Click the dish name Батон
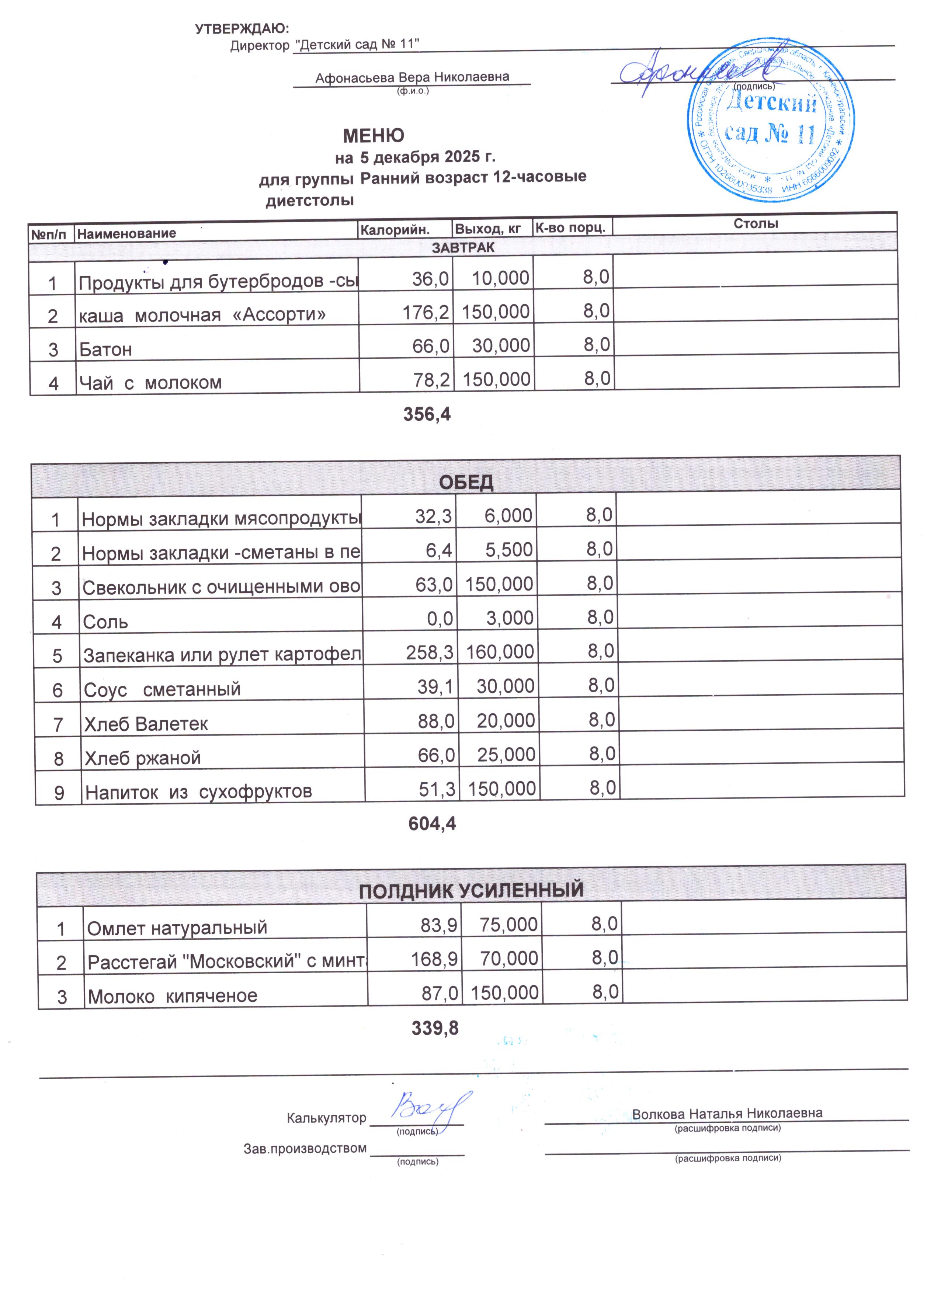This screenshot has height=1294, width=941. pos(105,349)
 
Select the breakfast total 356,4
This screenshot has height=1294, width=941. pos(427,415)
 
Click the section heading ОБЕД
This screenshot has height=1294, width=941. pos(466,483)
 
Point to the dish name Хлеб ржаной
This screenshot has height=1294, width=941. pos(143,758)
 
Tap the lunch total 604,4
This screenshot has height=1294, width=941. pos(432,823)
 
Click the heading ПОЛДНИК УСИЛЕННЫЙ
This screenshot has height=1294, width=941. pos(471,890)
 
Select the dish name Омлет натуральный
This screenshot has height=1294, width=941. pos(177,928)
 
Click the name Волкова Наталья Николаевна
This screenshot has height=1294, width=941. pos(727,1113)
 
